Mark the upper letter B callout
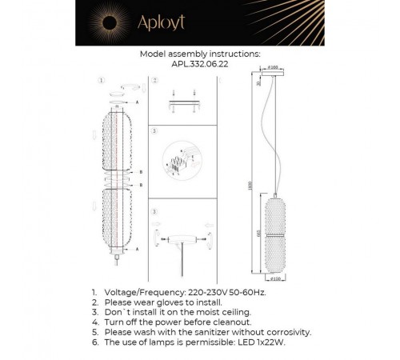[141, 171]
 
